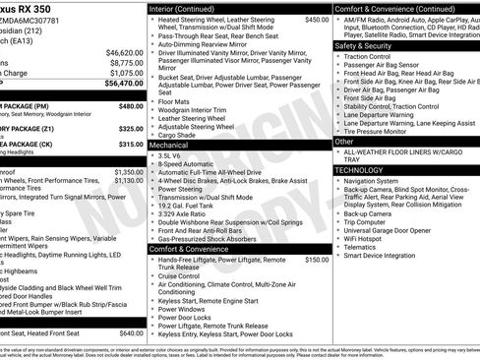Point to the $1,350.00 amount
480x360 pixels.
[x=129, y=172]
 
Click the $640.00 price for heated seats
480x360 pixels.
[x=131, y=333]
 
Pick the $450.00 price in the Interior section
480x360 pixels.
[x=317, y=20]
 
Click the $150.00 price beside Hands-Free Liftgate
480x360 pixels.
[x=317, y=260]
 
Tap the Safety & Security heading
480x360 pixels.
[x=363, y=45]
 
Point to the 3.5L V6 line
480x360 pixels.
[x=170, y=155]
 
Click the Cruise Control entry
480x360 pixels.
[x=185, y=276]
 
